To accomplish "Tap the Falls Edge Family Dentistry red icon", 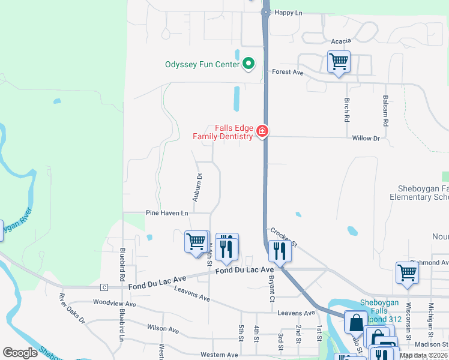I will tap(262, 131).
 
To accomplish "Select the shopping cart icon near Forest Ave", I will tap(339, 62).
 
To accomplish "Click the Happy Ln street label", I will tap(288, 12).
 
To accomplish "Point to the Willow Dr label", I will tap(366, 138).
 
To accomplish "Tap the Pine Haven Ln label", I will tap(167, 213).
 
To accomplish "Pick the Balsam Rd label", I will tap(385, 109).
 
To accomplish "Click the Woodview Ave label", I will tap(115, 304).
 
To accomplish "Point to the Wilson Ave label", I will tap(163, 329).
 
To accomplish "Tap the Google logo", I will tap(20, 353).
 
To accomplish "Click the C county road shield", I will tap(104, 287).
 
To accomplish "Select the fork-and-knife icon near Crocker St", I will tap(280, 250).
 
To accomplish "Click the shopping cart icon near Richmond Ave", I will tap(407, 272).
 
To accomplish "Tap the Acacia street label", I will tap(340, 41).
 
